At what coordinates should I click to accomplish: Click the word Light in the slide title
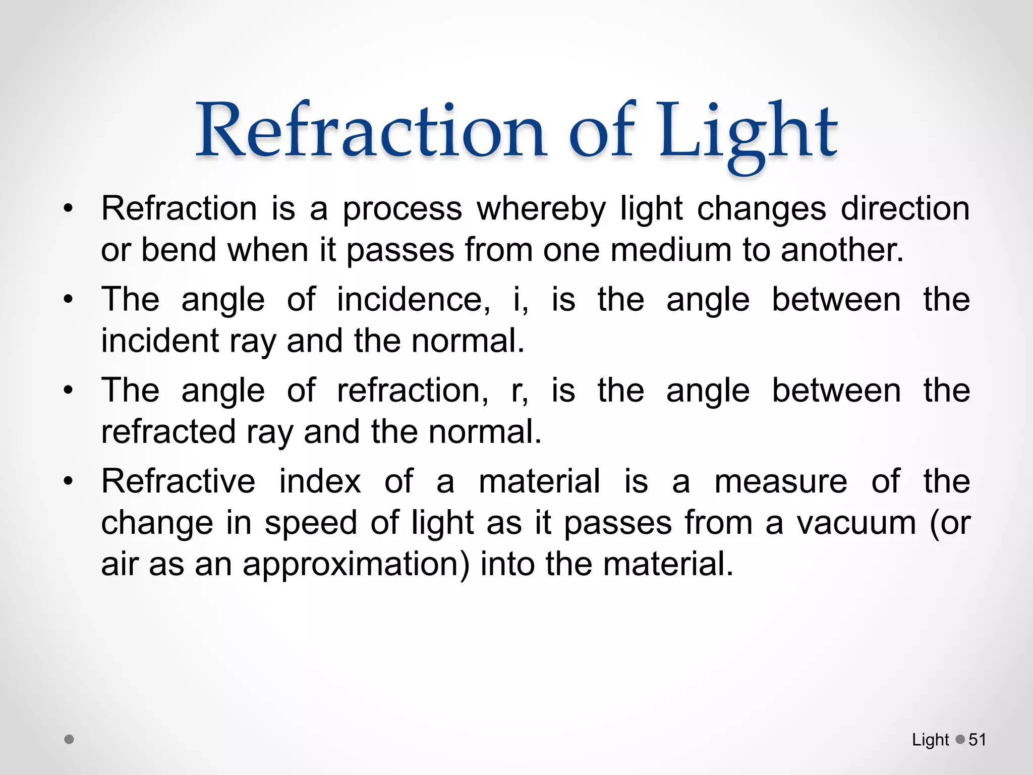[x=748, y=132]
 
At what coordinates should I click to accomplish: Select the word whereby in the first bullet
[x=541, y=208]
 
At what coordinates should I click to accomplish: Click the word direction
[x=905, y=208]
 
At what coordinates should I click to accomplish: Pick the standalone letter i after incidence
[x=517, y=299]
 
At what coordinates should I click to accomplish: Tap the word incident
[x=160, y=341]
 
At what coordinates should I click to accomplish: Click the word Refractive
[x=178, y=481]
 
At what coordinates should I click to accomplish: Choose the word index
[x=320, y=481]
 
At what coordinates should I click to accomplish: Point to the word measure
[x=781, y=482]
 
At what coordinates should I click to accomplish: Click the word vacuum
[x=856, y=523]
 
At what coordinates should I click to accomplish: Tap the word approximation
[x=356, y=564]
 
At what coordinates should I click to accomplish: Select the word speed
[x=311, y=523]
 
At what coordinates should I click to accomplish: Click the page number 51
[x=977, y=740]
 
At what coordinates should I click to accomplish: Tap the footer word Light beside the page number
[x=930, y=740]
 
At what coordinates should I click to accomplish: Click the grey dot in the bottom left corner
[x=70, y=740]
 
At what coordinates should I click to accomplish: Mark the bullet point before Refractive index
[x=69, y=481]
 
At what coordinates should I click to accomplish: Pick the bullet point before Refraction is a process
[x=69, y=208]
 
